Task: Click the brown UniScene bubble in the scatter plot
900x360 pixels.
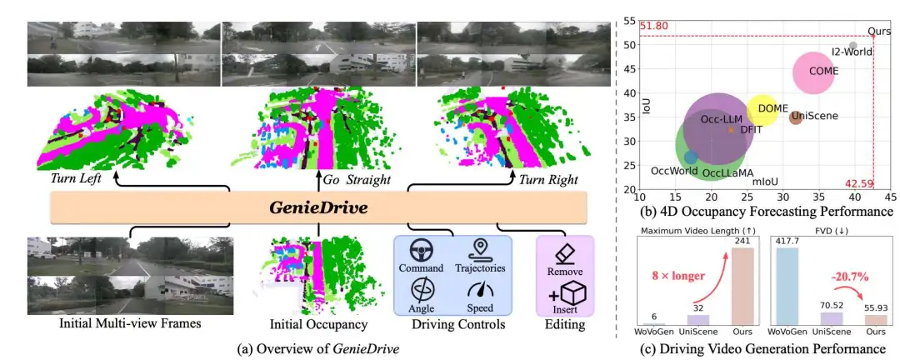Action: (x=795, y=117)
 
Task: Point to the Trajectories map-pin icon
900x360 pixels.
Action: (x=480, y=249)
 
